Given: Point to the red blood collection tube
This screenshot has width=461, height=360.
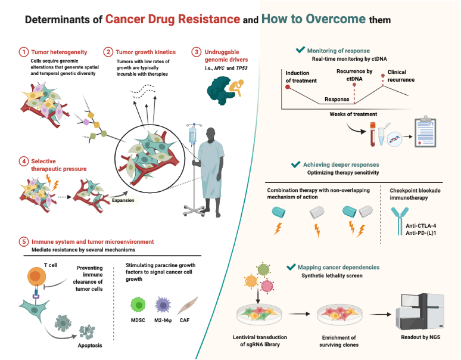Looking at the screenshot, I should click(372, 135).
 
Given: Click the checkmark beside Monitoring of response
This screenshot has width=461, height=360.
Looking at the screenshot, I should click(301, 51).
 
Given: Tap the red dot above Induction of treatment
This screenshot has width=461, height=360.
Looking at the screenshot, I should click(288, 87).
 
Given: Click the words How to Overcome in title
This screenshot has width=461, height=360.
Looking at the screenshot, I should click(313, 19).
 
